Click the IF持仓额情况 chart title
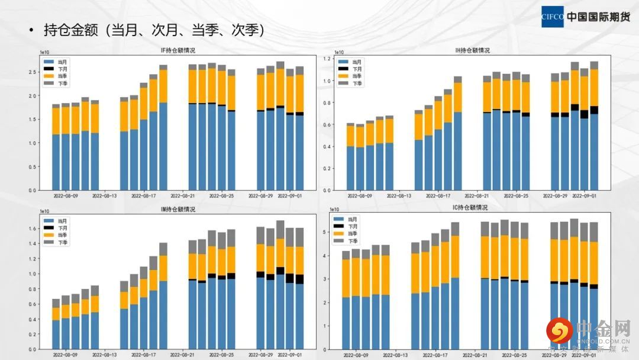tap(178, 50)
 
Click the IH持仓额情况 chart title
tap(472, 50)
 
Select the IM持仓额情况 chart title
tap(178, 209)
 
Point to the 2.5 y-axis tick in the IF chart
tap(33, 72)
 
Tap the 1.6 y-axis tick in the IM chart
tap(33, 229)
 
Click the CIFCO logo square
tap(552, 16)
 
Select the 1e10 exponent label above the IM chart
tap(44, 211)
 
